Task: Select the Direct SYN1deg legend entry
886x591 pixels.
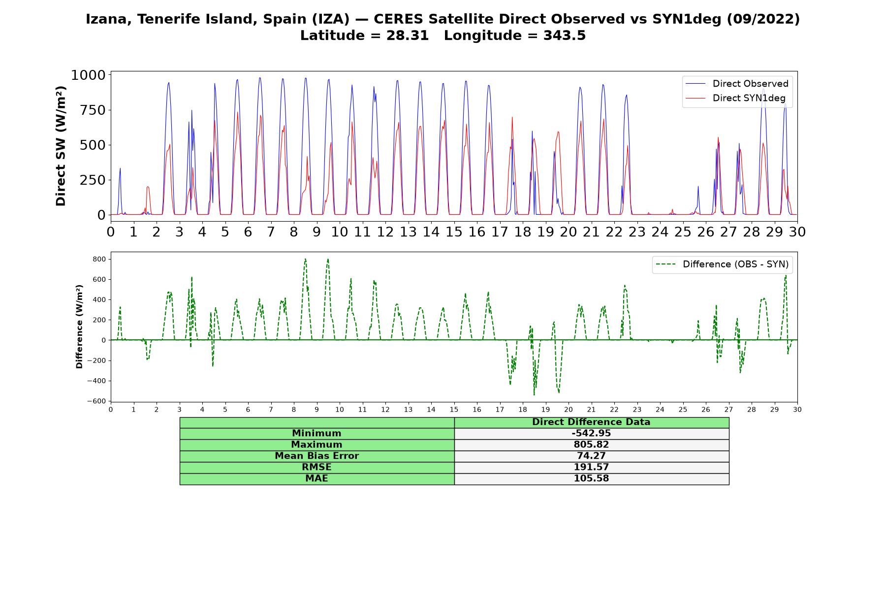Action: pos(736,98)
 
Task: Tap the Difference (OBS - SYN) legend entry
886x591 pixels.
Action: pos(723,264)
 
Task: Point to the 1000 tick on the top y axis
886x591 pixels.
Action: pos(89,75)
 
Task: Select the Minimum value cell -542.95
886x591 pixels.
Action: pos(591,433)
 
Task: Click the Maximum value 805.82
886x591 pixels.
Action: pos(591,445)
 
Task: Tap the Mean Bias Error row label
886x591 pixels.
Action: pos(316,456)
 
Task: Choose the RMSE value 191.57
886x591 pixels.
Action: pos(591,467)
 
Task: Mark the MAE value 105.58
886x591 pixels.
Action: pos(591,479)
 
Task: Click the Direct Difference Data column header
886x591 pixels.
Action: pos(591,422)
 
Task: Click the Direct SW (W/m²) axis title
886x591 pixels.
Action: pos(61,146)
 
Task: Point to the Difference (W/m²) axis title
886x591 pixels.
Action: pos(79,327)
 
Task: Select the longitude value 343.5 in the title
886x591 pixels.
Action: pos(565,36)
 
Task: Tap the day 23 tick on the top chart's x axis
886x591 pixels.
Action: pos(637,231)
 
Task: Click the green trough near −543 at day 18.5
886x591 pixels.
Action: pos(534,394)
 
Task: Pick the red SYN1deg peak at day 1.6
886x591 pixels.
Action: pos(148,187)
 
